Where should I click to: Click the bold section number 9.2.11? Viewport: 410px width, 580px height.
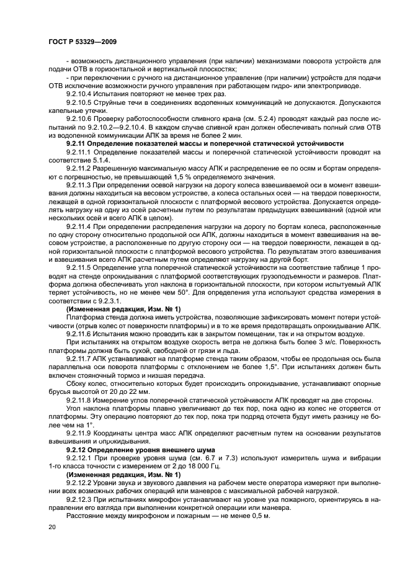coord(76,143)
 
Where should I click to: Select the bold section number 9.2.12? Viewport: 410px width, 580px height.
coord(76,448)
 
